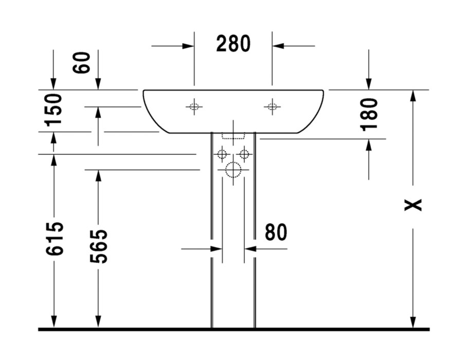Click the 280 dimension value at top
[x=233, y=44]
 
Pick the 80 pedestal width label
[x=276, y=232]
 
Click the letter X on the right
[x=413, y=205]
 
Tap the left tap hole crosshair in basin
[x=194, y=107]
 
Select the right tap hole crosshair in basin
[x=272, y=107]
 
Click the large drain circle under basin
[x=233, y=169]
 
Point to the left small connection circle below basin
[x=222, y=154]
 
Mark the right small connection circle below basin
[x=244, y=154]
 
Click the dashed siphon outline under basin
[x=232, y=137]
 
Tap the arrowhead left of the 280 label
[x=188, y=46]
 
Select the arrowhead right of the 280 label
[x=278, y=46]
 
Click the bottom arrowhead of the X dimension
[x=413, y=321]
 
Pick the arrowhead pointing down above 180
[x=369, y=83]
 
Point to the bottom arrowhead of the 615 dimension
[x=53, y=321]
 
